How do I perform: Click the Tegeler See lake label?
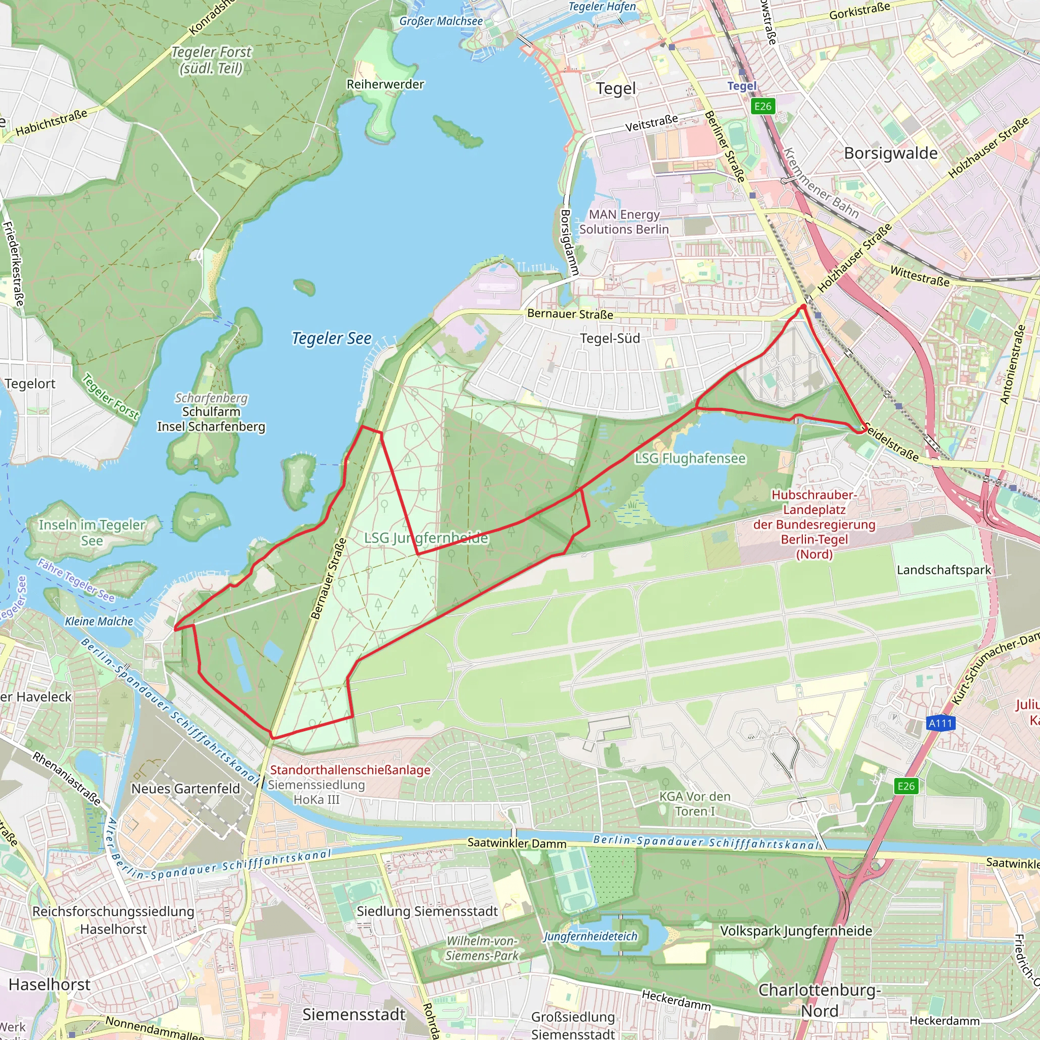332,338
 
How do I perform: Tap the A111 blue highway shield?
940,723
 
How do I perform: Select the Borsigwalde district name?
890,153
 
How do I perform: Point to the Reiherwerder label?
385,84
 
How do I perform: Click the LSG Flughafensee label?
690,459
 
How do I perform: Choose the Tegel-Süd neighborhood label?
610,339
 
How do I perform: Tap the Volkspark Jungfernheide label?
796,931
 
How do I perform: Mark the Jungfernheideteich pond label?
590,936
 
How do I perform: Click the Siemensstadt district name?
353,1015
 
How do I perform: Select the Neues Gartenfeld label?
186,789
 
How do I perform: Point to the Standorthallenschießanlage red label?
350,770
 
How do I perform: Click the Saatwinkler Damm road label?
517,843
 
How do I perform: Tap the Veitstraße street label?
651,123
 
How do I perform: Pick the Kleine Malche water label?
99,621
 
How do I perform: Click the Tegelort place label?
30,384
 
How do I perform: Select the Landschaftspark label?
944,570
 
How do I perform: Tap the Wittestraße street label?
920,276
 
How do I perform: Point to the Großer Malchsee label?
441,21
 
